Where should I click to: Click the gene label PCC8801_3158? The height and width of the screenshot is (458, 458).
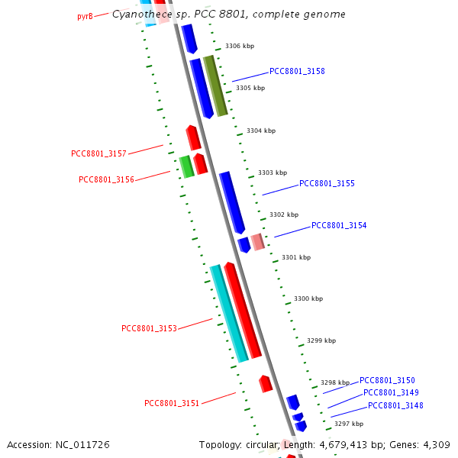pyautogui.click(x=297, y=71)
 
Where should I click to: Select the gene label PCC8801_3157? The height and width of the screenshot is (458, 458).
pyautogui.click(x=98, y=153)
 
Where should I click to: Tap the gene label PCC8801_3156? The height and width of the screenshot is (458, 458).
pyautogui.click(x=106, y=179)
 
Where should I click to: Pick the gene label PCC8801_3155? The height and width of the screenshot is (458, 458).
pyautogui.click(x=327, y=183)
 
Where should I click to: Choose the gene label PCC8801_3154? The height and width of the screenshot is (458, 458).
pyautogui.click(x=339, y=225)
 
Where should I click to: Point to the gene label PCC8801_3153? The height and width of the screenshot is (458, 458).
pyautogui.click(x=149, y=328)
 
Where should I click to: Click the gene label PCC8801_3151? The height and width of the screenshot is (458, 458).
pyautogui.click(x=172, y=403)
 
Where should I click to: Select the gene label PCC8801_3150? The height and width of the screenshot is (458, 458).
pyautogui.click(x=387, y=380)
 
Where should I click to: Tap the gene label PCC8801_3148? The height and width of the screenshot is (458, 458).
pyautogui.click(x=395, y=405)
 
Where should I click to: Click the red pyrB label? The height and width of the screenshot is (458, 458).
pyautogui.click(x=85, y=16)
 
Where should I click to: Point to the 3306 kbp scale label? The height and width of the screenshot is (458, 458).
pyautogui.click(x=239, y=47)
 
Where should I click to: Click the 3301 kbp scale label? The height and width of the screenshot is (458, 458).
pyautogui.click(x=296, y=257)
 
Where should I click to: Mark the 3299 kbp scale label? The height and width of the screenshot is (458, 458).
pyautogui.click(x=321, y=340)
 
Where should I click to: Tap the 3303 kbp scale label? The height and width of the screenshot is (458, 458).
pyautogui.click(x=273, y=173)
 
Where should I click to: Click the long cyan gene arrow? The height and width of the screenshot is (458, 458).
pyautogui.click(x=229, y=313)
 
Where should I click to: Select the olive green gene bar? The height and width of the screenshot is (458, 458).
pyautogui.click(x=215, y=85)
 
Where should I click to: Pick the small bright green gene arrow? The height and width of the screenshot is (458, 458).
pyautogui.click(x=185, y=166)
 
